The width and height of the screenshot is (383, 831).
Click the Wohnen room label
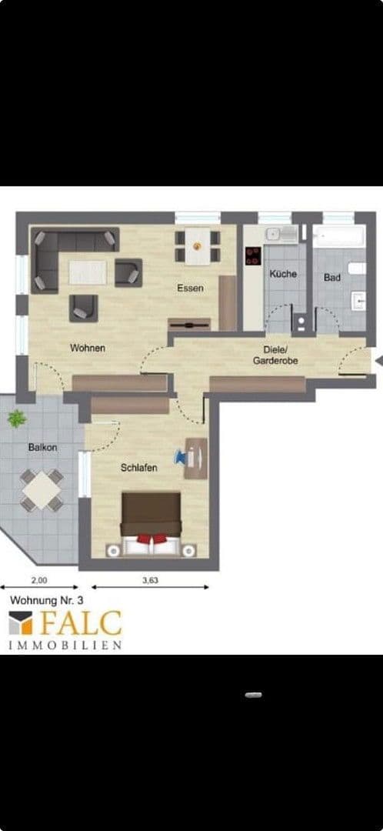coord(87,348)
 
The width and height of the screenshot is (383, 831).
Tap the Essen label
coord(190,289)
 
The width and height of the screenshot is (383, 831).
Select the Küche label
coord(282,274)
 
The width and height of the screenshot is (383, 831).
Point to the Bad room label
coord(332,277)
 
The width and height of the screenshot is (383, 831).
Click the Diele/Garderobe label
coord(275,355)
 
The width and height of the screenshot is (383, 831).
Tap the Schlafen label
coord(139,467)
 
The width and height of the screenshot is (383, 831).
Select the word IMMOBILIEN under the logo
coord(65,645)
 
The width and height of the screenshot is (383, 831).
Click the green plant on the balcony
coord(16,419)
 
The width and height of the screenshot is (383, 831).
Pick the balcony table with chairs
coord(42,489)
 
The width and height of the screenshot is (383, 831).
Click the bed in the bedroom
coord(151,526)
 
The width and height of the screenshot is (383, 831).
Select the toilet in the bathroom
coord(357,269)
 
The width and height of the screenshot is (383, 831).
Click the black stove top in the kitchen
coord(253,256)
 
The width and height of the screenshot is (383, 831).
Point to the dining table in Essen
coord(198,245)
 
